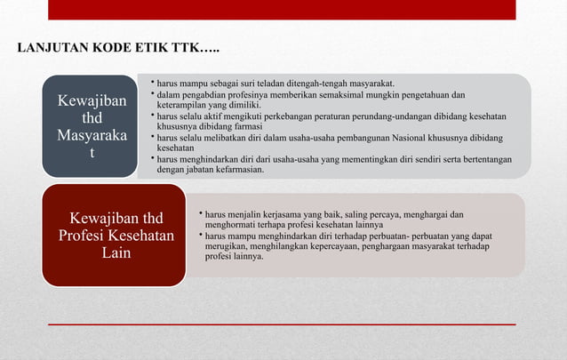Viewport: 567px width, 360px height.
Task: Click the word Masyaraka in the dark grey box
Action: pyautogui.click(x=92, y=136)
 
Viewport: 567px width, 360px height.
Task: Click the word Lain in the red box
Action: pyautogui.click(x=116, y=254)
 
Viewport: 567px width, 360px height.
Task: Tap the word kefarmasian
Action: pyautogui.click(x=238, y=169)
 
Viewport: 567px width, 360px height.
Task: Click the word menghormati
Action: pyautogui.click(x=230, y=225)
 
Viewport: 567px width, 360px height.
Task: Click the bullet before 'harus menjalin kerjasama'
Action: pyautogui.click(x=199, y=214)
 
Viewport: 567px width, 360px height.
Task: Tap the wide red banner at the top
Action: pyautogui.click(x=282, y=10)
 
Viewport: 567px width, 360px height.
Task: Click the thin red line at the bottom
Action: pyautogui.click(x=282, y=325)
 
